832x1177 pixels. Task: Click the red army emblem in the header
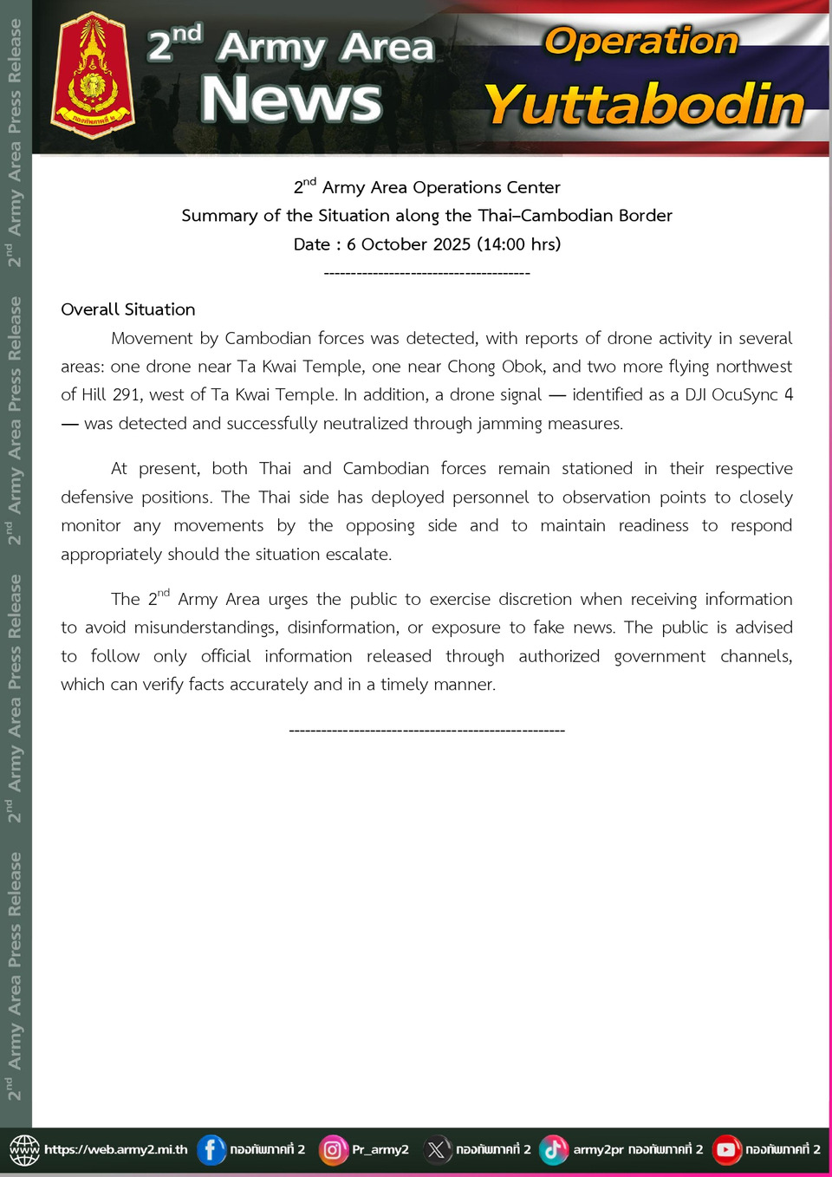[x=93, y=76]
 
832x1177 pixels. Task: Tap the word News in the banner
[x=291, y=99]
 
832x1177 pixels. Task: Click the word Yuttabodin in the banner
[x=645, y=105]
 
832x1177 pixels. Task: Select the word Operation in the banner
[x=640, y=41]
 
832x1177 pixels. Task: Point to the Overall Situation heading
[x=128, y=309]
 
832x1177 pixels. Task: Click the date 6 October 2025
[x=408, y=244]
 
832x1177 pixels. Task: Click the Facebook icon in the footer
[x=211, y=1149]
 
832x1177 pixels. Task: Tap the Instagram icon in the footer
[x=333, y=1149]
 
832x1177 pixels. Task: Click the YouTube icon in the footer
[x=726, y=1149]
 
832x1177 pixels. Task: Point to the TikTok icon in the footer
[x=554, y=1149]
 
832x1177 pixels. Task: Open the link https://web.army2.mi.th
[x=115, y=1149]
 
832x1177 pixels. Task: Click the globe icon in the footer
[x=24, y=1149]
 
